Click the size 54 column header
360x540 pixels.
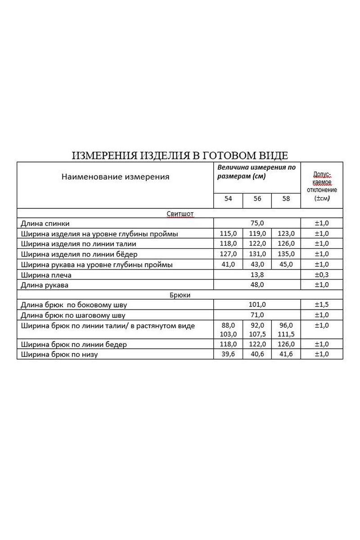(228, 198)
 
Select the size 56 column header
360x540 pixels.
(257, 198)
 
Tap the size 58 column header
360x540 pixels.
(286, 198)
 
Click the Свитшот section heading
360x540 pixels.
(180, 214)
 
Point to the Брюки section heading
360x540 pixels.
(180, 295)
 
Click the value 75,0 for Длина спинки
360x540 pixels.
(257, 223)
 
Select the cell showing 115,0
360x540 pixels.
(228, 234)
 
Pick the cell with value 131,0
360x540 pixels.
(257, 254)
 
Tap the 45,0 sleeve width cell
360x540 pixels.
(286, 264)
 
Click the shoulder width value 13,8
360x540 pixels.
(257, 274)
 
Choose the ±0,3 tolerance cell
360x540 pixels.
(322, 274)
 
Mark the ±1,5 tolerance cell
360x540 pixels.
(322, 305)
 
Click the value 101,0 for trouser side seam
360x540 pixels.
(257, 305)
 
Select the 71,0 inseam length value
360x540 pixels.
(257, 315)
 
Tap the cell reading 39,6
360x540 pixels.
(228, 354)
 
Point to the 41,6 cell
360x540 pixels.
(286, 354)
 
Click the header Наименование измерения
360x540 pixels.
(115, 177)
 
